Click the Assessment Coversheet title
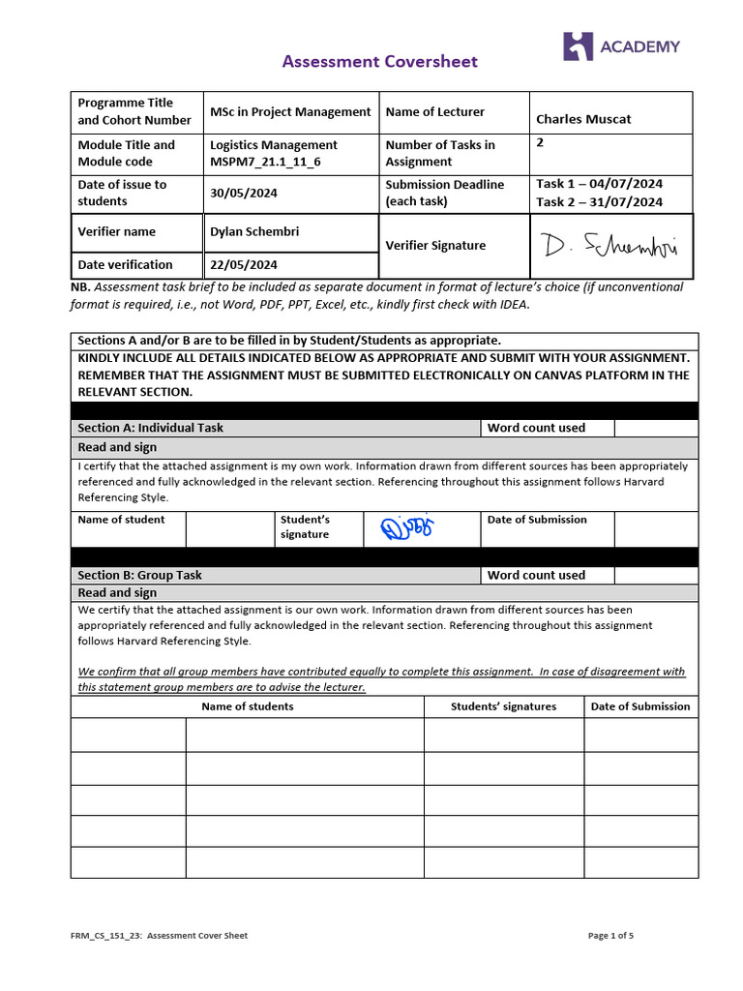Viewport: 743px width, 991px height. (x=379, y=62)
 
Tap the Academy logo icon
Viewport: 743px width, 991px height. (x=578, y=46)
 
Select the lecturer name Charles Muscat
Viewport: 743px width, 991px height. (x=583, y=119)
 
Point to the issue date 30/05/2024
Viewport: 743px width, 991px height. (x=244, y=193)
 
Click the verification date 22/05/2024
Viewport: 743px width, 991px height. (x=244, y=264)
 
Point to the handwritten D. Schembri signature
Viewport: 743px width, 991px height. (x=610, y=247)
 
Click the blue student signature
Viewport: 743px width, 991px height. (x=408, y=528)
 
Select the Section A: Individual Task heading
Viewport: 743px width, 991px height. (x=150, y=428)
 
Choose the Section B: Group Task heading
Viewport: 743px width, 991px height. (x=139, y=575)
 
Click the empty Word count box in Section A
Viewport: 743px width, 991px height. (x=655, y=428)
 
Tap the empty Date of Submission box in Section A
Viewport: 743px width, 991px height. (x=655, y=528)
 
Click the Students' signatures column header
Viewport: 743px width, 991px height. (x=503, y=706)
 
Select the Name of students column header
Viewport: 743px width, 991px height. (x=247, y=706)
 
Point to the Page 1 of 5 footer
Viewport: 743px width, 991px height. (x=610, y=936)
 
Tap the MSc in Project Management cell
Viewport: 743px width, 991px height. (x=290, y=111)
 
